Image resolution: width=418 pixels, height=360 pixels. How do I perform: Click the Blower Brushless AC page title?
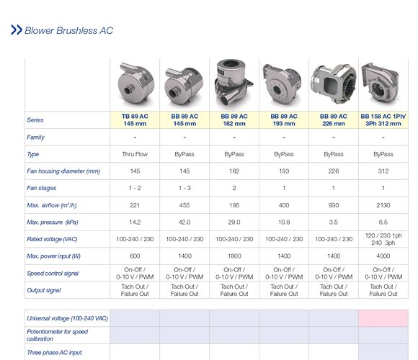68,31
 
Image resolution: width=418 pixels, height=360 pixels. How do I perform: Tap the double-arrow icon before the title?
16,30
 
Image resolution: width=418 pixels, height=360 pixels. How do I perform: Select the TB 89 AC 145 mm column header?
134,120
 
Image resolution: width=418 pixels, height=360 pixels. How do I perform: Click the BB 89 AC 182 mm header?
234,120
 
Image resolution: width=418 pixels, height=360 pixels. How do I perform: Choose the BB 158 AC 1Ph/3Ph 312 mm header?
383,120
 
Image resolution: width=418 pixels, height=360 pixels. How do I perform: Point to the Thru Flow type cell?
134,154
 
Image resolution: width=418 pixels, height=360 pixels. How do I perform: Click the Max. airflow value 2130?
383,205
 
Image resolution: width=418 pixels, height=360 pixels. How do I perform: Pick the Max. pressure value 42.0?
184,222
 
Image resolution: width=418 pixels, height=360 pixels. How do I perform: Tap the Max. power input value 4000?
383,256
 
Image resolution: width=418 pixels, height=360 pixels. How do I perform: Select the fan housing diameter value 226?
333,171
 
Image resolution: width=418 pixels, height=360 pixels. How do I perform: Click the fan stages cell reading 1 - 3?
184,188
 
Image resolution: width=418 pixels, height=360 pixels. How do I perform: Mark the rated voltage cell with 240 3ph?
383,243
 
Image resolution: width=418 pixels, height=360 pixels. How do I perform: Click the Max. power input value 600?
134,256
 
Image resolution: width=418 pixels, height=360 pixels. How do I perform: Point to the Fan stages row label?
42,188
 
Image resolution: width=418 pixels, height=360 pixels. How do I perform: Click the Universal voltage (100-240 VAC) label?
67,318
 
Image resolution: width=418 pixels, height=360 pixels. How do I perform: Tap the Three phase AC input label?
55,352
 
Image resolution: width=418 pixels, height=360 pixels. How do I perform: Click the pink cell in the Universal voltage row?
383,318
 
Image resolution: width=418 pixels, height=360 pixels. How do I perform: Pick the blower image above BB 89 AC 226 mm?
333,84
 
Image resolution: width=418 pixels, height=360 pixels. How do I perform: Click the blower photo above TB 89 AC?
134,84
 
